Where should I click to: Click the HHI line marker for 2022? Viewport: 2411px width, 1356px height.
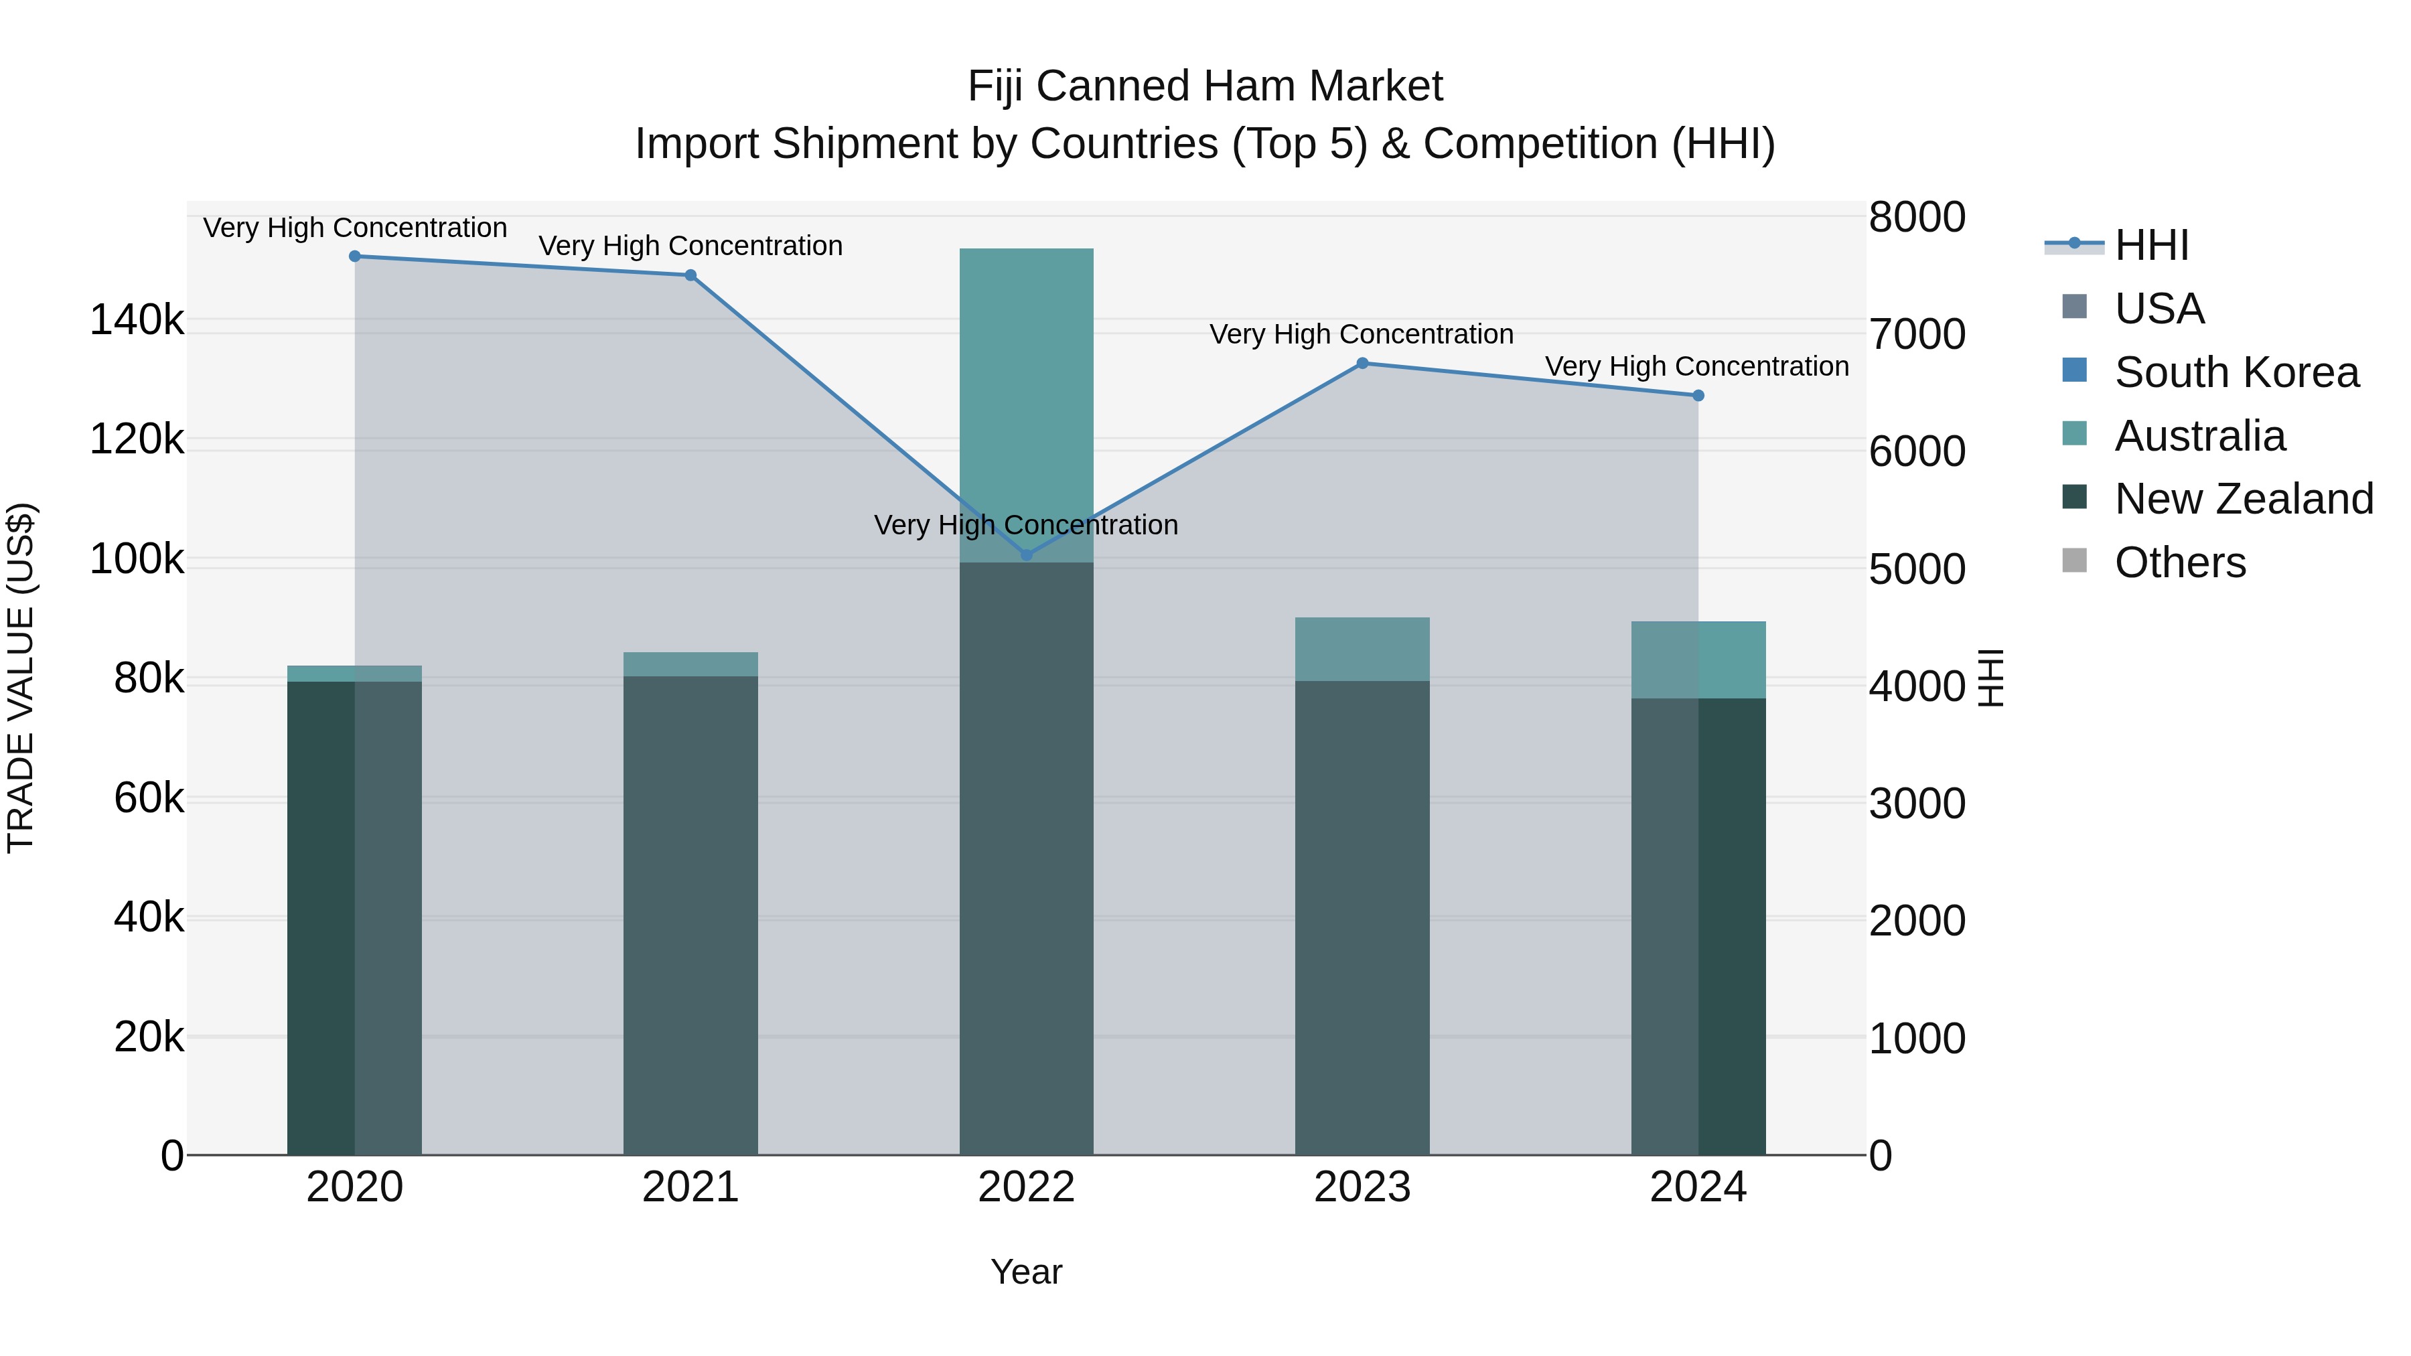[x=1026, y=555]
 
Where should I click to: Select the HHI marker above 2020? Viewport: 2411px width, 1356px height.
[x=355, y=256]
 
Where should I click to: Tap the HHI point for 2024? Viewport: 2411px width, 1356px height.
[x=1698, y=396]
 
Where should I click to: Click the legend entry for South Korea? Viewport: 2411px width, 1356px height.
[x=2236, y=372]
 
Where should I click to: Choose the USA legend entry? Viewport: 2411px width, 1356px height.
[x=2159, y=309]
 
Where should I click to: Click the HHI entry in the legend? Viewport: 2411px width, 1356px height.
[x=2150, y=245]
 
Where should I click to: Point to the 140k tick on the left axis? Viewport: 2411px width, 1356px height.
[x=137, y=321]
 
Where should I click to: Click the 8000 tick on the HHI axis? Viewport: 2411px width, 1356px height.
[x=1917, y=217]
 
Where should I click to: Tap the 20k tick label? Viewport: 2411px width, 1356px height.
[x=149, y=1037]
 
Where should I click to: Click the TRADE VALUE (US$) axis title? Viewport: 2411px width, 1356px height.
[x=21, y=678]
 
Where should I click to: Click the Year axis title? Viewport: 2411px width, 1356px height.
[x=1026, y=1272]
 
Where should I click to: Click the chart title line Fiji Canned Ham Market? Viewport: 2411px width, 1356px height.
[x=1205, y=86]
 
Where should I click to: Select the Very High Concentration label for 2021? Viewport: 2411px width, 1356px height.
[x=690, y=246]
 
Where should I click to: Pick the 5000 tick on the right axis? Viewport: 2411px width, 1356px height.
[x=1917, y=569]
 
